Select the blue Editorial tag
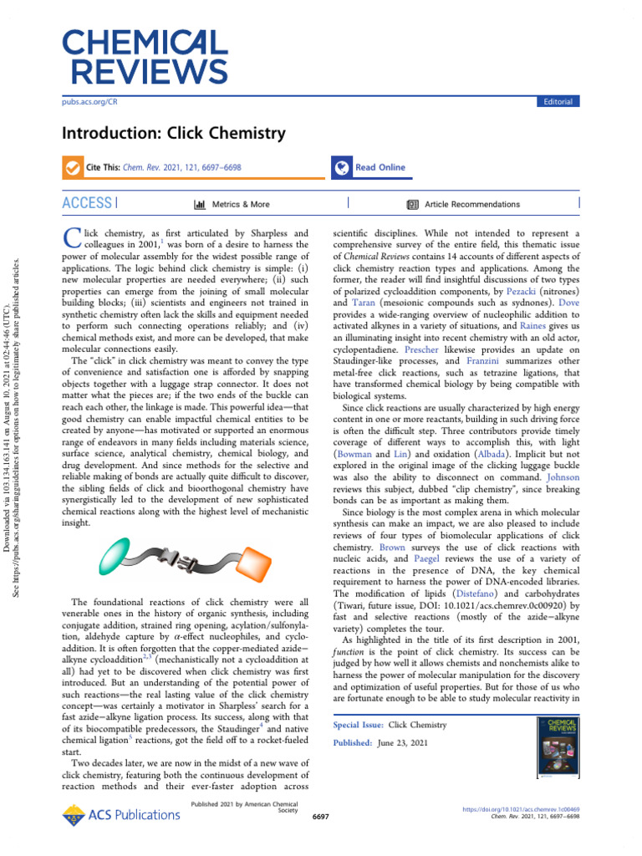[558, 101]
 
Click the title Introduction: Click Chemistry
[174, 134]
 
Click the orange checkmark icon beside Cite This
[74, 167]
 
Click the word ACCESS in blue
[87, 203]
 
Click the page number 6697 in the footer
[320, 815]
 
